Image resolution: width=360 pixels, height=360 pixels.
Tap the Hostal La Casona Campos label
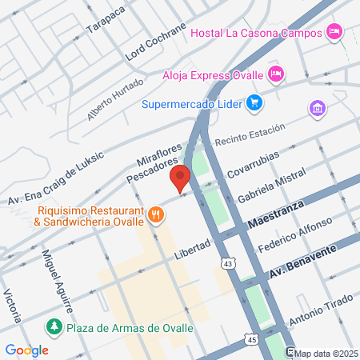[256, 33]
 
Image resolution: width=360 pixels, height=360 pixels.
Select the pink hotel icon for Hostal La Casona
[335, 33]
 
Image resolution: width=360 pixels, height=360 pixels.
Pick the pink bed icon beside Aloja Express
[276, 74]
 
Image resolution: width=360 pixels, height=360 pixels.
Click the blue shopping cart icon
[254, 102]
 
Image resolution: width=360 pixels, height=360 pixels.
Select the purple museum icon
[318, 108]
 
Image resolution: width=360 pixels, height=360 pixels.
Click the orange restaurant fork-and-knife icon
[156, 214]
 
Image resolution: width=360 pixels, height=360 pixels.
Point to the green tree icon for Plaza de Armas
[54, 326]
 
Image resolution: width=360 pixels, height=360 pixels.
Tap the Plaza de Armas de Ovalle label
[131, 327]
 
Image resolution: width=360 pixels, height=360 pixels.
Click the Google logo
[26, 350]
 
